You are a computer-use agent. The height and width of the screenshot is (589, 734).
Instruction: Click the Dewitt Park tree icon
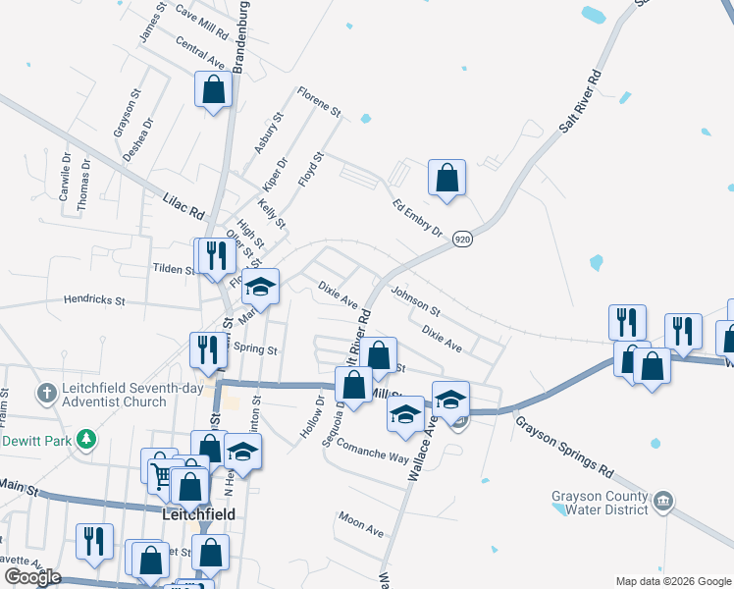[x=87, y=440]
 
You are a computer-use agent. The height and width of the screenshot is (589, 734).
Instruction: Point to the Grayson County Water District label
[x=600, y=503]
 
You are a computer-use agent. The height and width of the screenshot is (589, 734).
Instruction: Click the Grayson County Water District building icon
[x=663, y=503]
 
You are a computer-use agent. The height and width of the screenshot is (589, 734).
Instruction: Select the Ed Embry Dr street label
[x=417, y=216]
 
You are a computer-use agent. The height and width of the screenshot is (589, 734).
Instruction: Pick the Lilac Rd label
[x=183, y=205]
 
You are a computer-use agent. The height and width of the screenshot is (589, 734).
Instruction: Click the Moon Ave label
[x=360, y=523]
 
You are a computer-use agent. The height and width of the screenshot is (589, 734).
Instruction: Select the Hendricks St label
[x=95, y=299]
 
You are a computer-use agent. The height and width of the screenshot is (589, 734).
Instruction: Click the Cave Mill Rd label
[x=202, y=21]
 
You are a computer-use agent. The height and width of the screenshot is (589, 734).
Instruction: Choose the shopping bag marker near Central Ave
[x=213, y=90]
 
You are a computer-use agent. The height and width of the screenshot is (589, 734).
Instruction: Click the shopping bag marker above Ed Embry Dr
[x=446, y=178]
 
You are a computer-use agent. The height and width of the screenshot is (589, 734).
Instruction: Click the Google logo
[x=32, y=577]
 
